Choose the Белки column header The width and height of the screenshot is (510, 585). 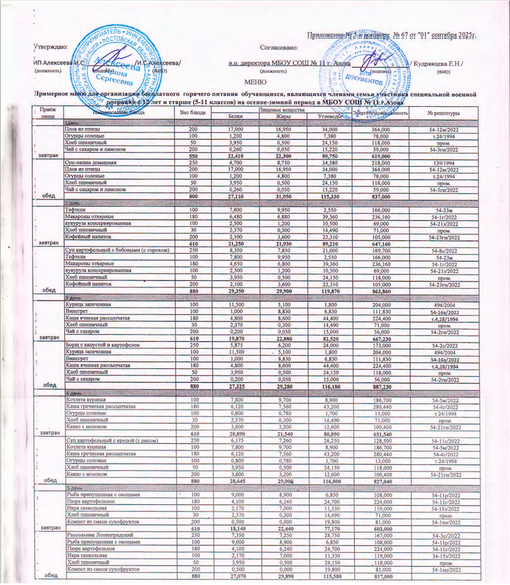tap(235, 116)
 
